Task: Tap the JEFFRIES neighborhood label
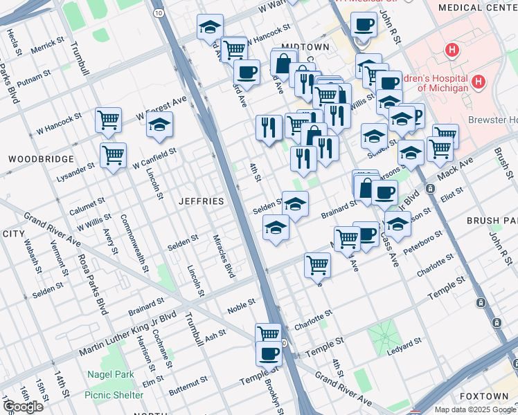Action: tap(202, 201)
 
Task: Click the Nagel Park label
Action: tap(110, 375)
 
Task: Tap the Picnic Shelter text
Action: tap(113, 395)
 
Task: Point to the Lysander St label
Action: tap(76, 169)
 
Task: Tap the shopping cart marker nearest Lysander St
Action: tap(113, 155)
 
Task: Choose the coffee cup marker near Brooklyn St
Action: tap(269, 353)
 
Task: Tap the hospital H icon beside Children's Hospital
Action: tap(478, 83)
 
